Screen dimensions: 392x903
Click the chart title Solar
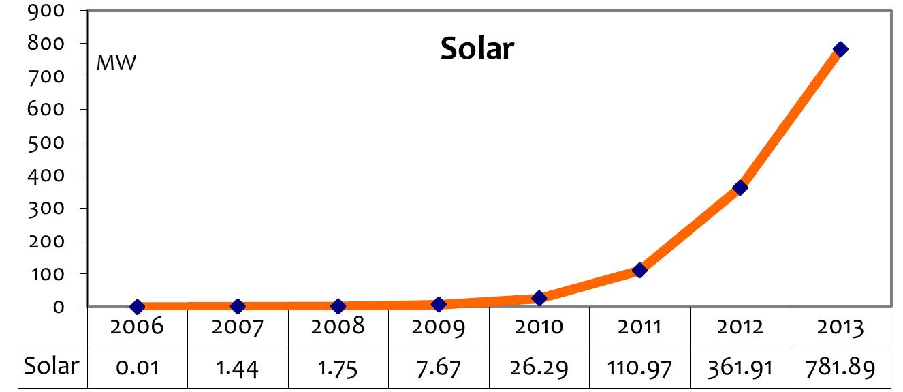(477, 48)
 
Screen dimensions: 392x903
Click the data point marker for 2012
(740, 187)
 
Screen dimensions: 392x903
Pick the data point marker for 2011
(639, 270)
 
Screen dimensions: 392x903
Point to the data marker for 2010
(539, 298)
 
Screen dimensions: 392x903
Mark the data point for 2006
(137, 307)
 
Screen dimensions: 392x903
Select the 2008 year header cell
(338, 327)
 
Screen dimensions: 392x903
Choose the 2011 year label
(639, 327)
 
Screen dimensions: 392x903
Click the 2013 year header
(840, 327)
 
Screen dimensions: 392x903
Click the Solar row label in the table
(52, 366)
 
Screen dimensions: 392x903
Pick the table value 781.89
(840, 368)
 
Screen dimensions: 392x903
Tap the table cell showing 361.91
(740, 368)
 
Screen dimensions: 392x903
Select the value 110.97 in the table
(639, 368)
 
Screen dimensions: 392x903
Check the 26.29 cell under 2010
(539, 368)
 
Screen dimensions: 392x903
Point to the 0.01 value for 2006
(137, 368)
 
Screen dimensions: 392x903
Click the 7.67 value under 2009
(439, 368)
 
